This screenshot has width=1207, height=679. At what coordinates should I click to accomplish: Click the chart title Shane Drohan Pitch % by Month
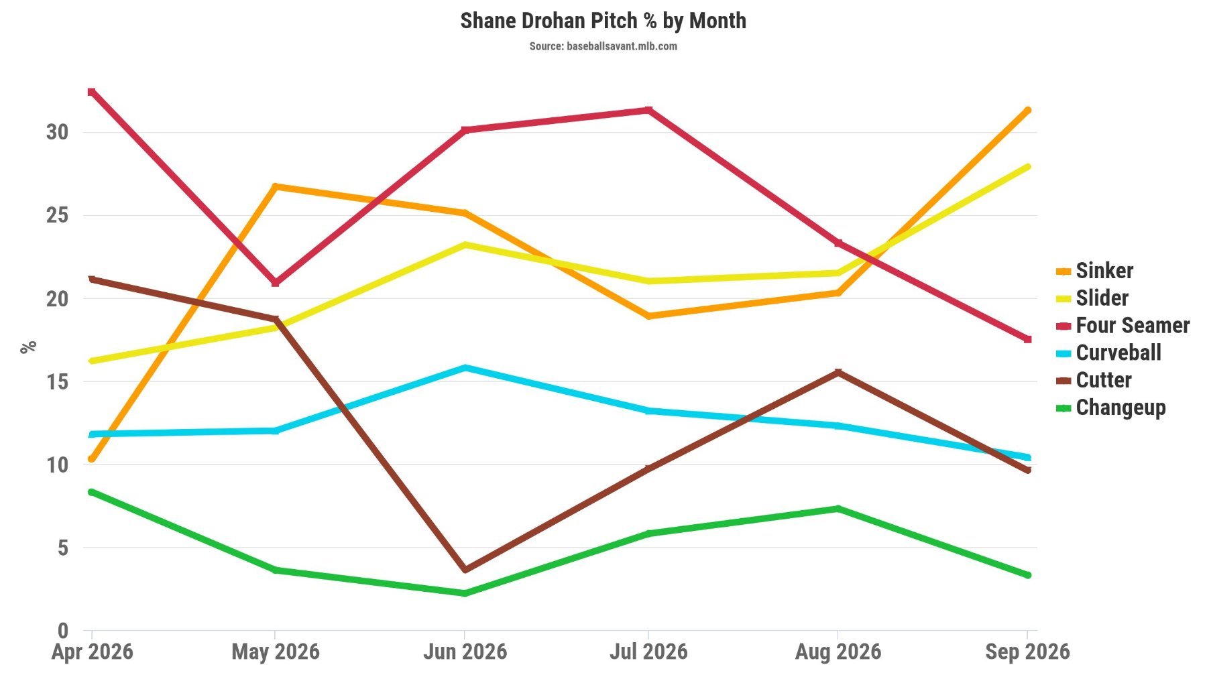click(x=603, y=21)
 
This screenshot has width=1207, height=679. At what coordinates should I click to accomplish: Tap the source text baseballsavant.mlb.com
click(x=622, y=46)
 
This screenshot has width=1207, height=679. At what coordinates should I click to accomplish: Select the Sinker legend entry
click(x=1094, y=271)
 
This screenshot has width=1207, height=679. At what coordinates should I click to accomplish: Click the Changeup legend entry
click(x=1110, y=408)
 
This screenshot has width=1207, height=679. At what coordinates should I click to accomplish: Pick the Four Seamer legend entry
click(x=1123, y=326)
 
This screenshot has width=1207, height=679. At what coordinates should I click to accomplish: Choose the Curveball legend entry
click(x=1108, y=353)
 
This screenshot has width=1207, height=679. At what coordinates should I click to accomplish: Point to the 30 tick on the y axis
click(x=58, y=132)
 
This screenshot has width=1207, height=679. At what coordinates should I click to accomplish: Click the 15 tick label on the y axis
click(x=58, y=381)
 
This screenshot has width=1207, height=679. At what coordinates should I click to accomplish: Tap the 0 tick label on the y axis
click(x=63, y=630)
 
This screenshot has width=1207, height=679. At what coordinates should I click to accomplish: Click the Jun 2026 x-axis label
click(x=465, y=652)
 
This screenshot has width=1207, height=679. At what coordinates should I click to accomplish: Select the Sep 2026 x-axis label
click(x=1027, y=652)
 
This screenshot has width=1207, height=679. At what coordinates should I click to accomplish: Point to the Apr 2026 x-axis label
click(x=92, y=652)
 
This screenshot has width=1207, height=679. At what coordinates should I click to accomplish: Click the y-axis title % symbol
click(x=28, y=347)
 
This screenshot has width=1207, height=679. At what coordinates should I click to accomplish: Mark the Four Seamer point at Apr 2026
click(x=91, y=92)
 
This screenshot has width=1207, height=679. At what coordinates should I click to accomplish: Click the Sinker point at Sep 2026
click(x=1027, y=111)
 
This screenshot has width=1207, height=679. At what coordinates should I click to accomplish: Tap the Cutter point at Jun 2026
click(x=465, y=570)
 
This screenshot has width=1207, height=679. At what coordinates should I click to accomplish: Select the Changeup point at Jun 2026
click(x=465, y=593)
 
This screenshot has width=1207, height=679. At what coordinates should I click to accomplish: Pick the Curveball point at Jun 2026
click(x=465, y=368)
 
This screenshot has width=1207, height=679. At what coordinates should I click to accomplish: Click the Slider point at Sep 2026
click(x=1027, y=167)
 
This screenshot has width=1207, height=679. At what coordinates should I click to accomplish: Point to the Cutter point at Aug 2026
click(x=838, y=373)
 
